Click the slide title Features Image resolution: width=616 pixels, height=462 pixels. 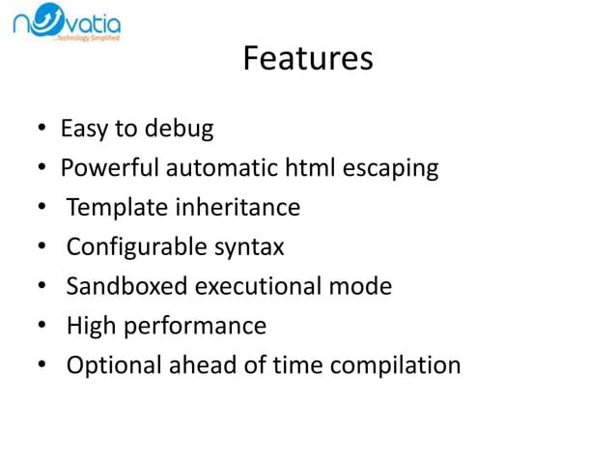pos(307,59)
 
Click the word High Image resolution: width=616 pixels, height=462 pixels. pos(88,327)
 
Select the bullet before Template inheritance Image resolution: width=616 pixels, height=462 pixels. pos(42,209)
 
